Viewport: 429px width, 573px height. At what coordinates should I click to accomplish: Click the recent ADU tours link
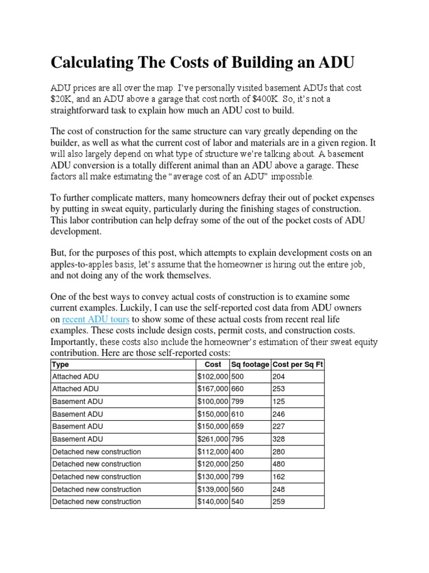pyautogui.click(x=96, y=319)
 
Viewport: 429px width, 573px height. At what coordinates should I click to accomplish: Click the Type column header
pyautogui.click(x=60, y=364)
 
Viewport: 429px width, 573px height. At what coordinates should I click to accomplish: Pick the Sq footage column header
pyautogui.click(x=250, y=364)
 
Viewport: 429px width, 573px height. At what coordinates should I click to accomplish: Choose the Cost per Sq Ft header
pyautogui.click(x=298, y=364)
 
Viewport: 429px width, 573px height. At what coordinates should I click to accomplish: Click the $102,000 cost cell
pyautogui.click(x=213, y=377)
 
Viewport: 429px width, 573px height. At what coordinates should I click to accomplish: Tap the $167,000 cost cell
pyautogui.click(x=213, y=389)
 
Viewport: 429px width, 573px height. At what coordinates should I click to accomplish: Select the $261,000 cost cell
pyautogui.click(x=213, y=439)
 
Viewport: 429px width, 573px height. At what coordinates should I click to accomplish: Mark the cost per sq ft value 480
pyautogui.click(x=279, y=464)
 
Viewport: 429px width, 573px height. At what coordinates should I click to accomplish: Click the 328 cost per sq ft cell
pyautogui.click(x=279, y=439)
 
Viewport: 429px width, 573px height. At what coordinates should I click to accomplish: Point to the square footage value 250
pyautogui.click(x=238, y=464)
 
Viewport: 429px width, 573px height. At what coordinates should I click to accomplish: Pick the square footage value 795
pyautogui.click(x=238, y=439)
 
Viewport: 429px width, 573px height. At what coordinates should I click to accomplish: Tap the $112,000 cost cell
pyautogui.click(x=213, y=452)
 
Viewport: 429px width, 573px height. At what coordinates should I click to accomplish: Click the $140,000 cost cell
pyautogui.click(x=213, y=502)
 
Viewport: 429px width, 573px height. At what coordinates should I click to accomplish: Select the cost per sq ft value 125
pyautogui.click(x=279, y=402)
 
